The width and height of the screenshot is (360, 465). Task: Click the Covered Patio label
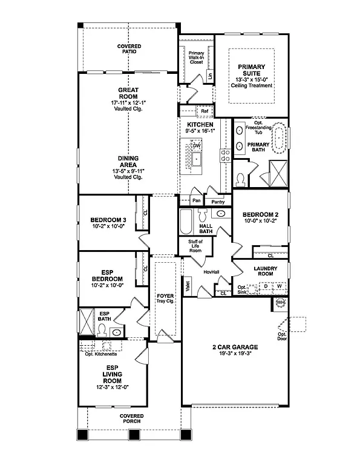pyautogui.click(x=129, y=49)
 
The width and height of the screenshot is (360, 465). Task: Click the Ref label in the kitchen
pyautogui.click(x=205, y=111)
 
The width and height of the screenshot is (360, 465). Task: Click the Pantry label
pyautogui.click(x=217, y=202)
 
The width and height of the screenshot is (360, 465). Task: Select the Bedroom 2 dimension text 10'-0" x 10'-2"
pyautogui.click(x=260, y=221)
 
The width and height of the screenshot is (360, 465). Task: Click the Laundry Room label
pyautogui.click(x=264, y=271)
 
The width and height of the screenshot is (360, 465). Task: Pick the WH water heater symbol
pyautogui.click(x=280, y=302)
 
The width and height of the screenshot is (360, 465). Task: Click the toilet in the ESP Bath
pyautogui.click(x=102, y=330)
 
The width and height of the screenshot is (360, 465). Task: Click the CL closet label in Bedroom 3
pyautogui.click(x=145, y=213)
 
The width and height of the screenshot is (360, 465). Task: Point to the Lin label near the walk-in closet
pyautogui.click(x=209, y=76)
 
